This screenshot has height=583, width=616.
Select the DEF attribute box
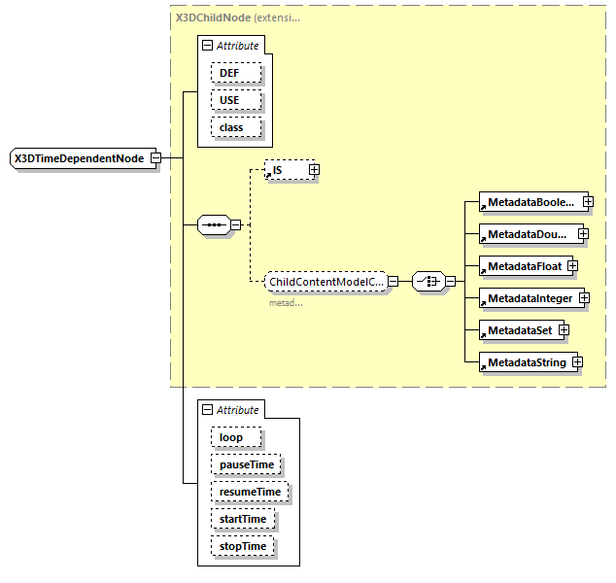pos(228,73)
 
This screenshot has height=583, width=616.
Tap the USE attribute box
pos(228,100)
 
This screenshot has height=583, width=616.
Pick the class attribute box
pos(230,127)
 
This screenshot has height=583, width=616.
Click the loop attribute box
pos(230,437)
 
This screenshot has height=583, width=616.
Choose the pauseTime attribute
pos(246,464)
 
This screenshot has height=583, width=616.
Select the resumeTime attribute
pos(250,492)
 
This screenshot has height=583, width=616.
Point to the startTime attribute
pos(242,519)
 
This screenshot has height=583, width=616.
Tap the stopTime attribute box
pos(242,546)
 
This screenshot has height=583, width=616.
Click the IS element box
pos(286,170)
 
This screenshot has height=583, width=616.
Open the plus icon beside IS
pos(314,170)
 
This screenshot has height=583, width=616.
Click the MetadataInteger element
pos(530,298)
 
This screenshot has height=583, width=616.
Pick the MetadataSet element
pos(519,330)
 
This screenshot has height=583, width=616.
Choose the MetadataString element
pos(526,362)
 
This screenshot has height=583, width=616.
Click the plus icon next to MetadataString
pos(577,362)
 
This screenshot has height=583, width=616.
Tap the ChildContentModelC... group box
pos(325,282)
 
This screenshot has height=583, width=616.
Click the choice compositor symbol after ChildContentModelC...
pos(428,282)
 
